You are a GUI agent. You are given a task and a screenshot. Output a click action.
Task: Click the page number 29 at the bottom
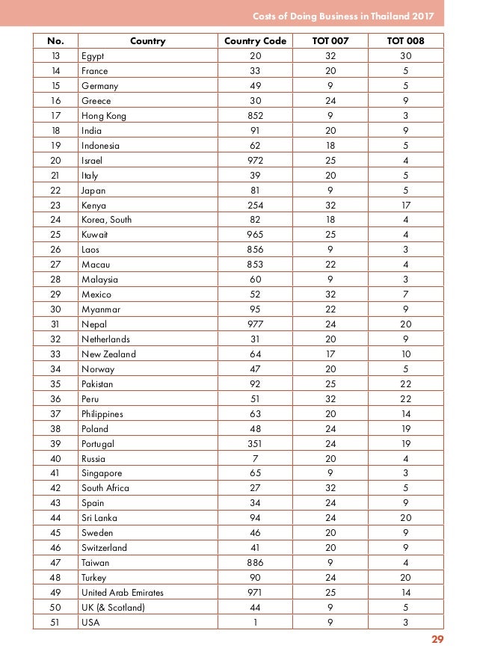coord(437,639)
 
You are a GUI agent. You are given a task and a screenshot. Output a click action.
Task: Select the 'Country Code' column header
coord(255,41)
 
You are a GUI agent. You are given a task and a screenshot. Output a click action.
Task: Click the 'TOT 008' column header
coord(405,41)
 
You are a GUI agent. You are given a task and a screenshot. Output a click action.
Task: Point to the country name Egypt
coord(93,56)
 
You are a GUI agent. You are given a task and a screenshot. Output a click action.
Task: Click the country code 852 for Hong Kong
coord(255,116)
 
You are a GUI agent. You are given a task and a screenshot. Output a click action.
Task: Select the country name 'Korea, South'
coord(106,220)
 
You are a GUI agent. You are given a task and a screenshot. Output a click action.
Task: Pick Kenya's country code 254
coord(255,205)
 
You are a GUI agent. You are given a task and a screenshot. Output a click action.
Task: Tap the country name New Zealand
coord(108,354)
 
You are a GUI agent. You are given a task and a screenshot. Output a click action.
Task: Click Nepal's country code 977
coord(255,324)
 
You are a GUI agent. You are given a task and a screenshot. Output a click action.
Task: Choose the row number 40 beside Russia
coord(55,458)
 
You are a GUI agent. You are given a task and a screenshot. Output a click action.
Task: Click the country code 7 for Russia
coord(255,458)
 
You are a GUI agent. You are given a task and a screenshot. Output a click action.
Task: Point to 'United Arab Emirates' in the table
coord(122,593)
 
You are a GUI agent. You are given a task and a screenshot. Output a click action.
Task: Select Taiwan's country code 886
coord(255,563)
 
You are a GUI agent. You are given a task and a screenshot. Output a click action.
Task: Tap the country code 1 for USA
coord(255,623)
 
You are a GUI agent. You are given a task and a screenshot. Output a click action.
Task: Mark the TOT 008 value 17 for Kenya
coord(405,205)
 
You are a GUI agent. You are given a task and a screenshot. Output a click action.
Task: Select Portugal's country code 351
coord(255,443)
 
